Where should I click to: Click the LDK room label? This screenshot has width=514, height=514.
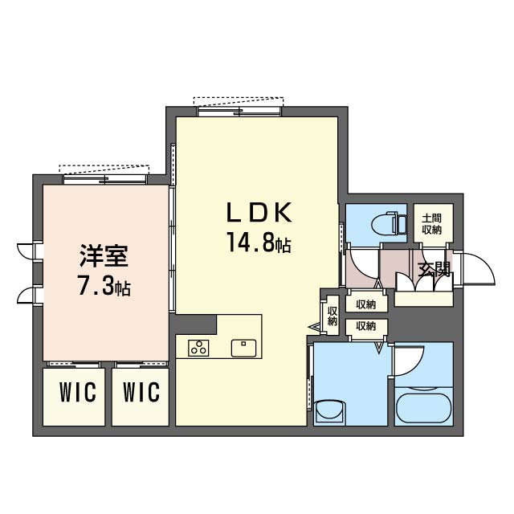[x=259, y=212]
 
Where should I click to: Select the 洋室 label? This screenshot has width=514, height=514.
[x=104, y=256]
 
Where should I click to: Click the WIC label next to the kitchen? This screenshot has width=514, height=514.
[x=141, y=392]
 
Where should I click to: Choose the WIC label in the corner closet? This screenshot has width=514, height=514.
[x=78, y=392]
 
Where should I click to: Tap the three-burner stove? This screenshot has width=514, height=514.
[x=198, y=348]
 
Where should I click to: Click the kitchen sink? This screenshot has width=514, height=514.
[x=243, y=348]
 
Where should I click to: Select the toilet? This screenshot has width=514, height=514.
[x=389, y=224]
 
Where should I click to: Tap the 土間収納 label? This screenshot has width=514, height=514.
[x=432, y=224]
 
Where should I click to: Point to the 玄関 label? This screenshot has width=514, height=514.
[x=434, y=270]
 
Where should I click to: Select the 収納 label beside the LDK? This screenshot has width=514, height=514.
[x=332, y=316]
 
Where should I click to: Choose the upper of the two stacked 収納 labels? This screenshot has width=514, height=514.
[x=366, y=305]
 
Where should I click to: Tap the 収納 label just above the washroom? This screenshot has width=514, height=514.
[x=366, y=326]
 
